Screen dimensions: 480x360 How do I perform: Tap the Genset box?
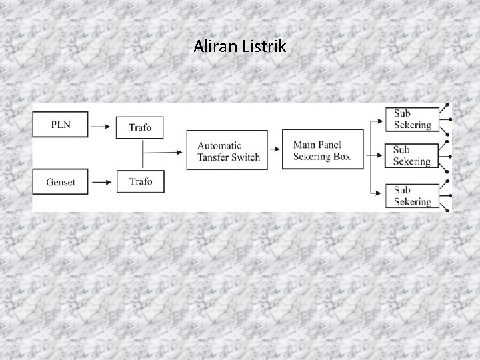[61, 181]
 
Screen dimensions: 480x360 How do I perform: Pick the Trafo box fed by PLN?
[139, 127]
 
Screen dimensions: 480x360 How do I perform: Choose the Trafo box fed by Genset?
[139, 181]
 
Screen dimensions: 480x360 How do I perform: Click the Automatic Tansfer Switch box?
[228, 151]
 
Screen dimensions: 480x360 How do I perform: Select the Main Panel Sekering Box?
[323, 151]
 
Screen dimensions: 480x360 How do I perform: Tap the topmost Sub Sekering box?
[412, 119]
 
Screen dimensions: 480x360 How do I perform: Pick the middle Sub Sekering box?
[412, 156]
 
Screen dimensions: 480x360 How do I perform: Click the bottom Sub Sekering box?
[412, 195]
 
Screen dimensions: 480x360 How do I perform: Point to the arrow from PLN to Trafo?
[101, 125]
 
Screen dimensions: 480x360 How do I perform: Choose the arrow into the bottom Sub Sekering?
[377, 195]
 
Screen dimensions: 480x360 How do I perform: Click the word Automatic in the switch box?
[219, 145]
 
